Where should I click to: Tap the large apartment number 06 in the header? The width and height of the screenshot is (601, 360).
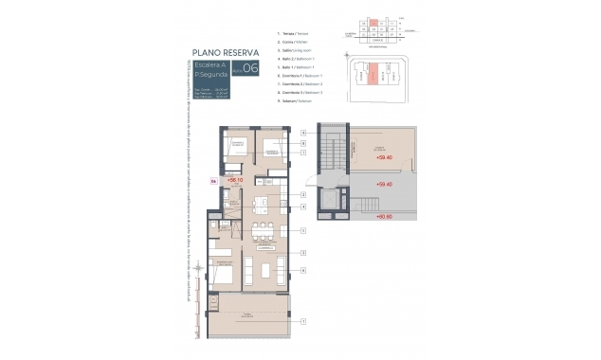pos(250,67)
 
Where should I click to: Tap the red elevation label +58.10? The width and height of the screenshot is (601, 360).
pos(229,178)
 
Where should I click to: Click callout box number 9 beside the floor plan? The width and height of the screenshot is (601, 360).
pos(302,132)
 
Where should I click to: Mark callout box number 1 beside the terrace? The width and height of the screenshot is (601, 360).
pos(302,322)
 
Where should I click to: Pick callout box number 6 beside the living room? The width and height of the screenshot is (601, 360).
pos(302,271)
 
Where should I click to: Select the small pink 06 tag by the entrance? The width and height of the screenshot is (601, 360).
pos(213,178)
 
